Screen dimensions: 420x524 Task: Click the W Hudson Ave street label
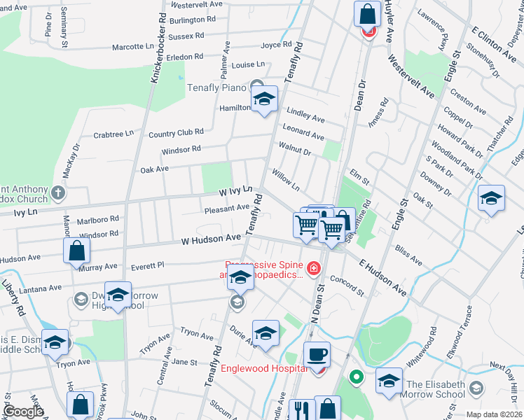coord(210,239)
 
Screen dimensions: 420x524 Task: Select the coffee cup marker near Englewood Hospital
coord(318,354)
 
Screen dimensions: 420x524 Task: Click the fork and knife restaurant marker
coord(303,410)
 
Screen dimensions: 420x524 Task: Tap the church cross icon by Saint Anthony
coord(58,191)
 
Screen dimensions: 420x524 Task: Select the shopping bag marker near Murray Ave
coord(76,251)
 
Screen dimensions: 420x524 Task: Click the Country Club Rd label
coord(176,132)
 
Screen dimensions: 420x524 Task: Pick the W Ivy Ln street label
coord(235,190)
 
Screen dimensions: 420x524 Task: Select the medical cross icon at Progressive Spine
coord(313,267)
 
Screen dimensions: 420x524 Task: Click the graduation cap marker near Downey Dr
coord(491,198)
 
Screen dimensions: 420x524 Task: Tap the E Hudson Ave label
coord(383,276)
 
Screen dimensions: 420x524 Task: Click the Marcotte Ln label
coord(132,48)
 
